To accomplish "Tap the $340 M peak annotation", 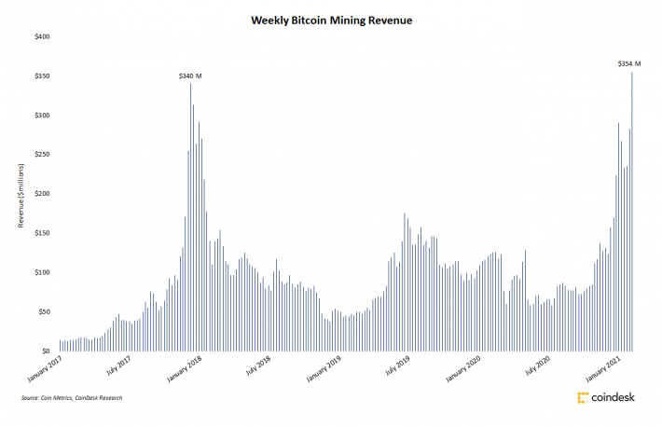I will [x=190, y=75].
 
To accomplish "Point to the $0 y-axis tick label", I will [x=46, y=351].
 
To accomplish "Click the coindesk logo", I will [x=607, y=398].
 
